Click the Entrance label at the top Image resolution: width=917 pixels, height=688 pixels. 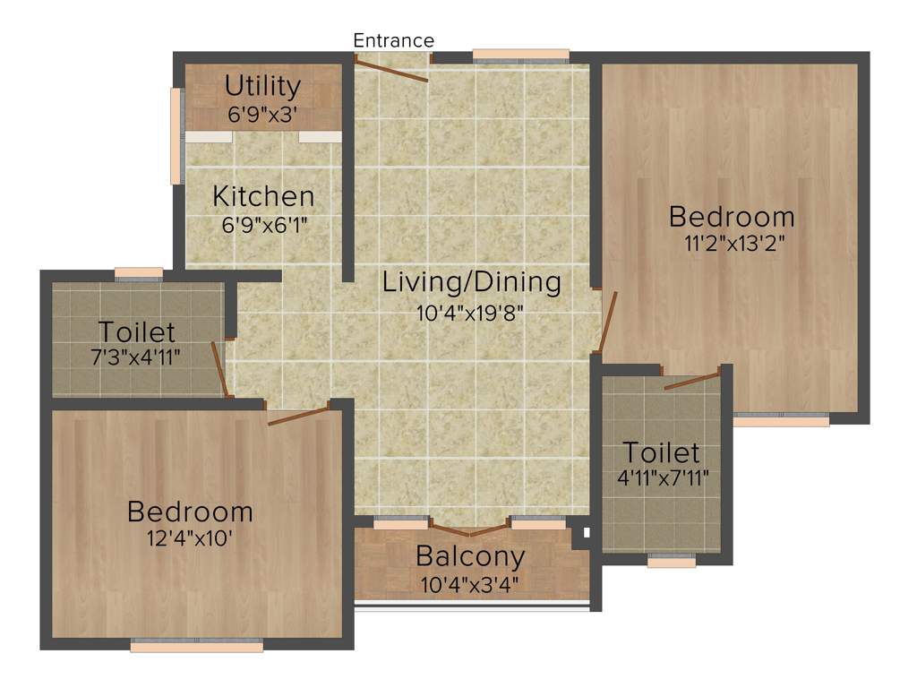tap(393, 40)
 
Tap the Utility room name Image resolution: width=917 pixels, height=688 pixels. tap(262, 86)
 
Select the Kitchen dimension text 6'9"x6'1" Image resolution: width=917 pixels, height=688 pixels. tap(264, 225)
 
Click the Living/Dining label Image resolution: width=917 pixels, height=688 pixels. tap(471, 281)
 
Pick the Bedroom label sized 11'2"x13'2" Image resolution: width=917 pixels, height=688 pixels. tap(732, 216)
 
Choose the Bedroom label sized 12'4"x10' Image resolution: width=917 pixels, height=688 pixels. tap(190, 512)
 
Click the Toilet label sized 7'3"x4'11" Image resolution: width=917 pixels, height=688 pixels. tap(137, 331)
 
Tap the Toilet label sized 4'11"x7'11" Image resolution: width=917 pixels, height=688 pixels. tap(661, 451)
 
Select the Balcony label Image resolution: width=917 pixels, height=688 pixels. tap(469, 556)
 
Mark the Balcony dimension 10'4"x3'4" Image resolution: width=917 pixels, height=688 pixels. tap(470, 585)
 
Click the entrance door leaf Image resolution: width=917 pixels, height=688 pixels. tap(392, 70)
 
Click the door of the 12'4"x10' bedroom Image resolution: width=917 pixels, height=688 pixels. tap(298, 416)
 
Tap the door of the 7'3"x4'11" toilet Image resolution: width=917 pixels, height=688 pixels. tap(218, 368)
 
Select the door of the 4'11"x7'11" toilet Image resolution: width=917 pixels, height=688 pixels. tap(692, 381)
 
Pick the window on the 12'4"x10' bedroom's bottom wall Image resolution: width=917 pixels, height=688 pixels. tap(197, 643)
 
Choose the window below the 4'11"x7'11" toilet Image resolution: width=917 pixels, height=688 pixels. tap(672, 562)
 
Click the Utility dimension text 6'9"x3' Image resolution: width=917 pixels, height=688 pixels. tap(262, 115)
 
